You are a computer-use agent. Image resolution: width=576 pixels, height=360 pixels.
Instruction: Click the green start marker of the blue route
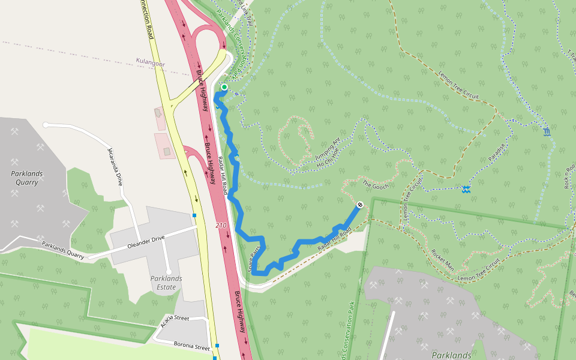pos(224,88)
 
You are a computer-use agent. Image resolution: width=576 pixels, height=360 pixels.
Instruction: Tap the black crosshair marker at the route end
pos(360,205)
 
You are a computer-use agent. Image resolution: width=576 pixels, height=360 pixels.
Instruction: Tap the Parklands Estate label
pos(166,283)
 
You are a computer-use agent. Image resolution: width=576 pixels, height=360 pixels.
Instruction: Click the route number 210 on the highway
pos(221,226)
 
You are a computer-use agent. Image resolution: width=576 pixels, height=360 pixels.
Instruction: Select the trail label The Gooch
pos(376,184)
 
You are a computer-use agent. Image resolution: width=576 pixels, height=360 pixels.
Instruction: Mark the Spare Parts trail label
pos(256,257)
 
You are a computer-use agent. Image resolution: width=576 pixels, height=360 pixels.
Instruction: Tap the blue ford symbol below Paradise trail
pos(466,190)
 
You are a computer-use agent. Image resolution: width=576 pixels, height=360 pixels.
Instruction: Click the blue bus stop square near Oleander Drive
pos(194,215)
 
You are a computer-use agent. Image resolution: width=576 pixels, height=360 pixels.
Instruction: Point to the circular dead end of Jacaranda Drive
pos(46,125)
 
